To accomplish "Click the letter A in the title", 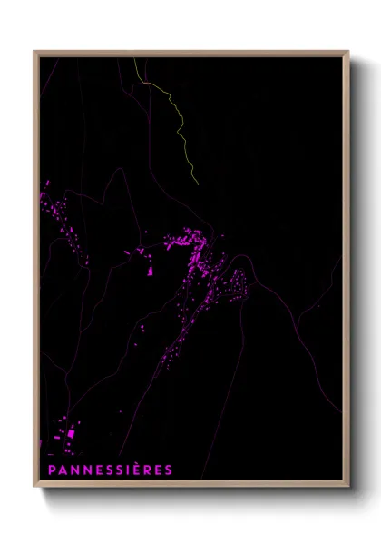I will pos(61,470).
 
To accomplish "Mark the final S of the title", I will pos(169,470).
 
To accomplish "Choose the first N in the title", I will pos(73,470).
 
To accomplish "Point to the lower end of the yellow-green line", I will pos(198,185).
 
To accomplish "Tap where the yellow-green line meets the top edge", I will pos(134,57).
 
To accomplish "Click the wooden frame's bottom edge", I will pos(191,487).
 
